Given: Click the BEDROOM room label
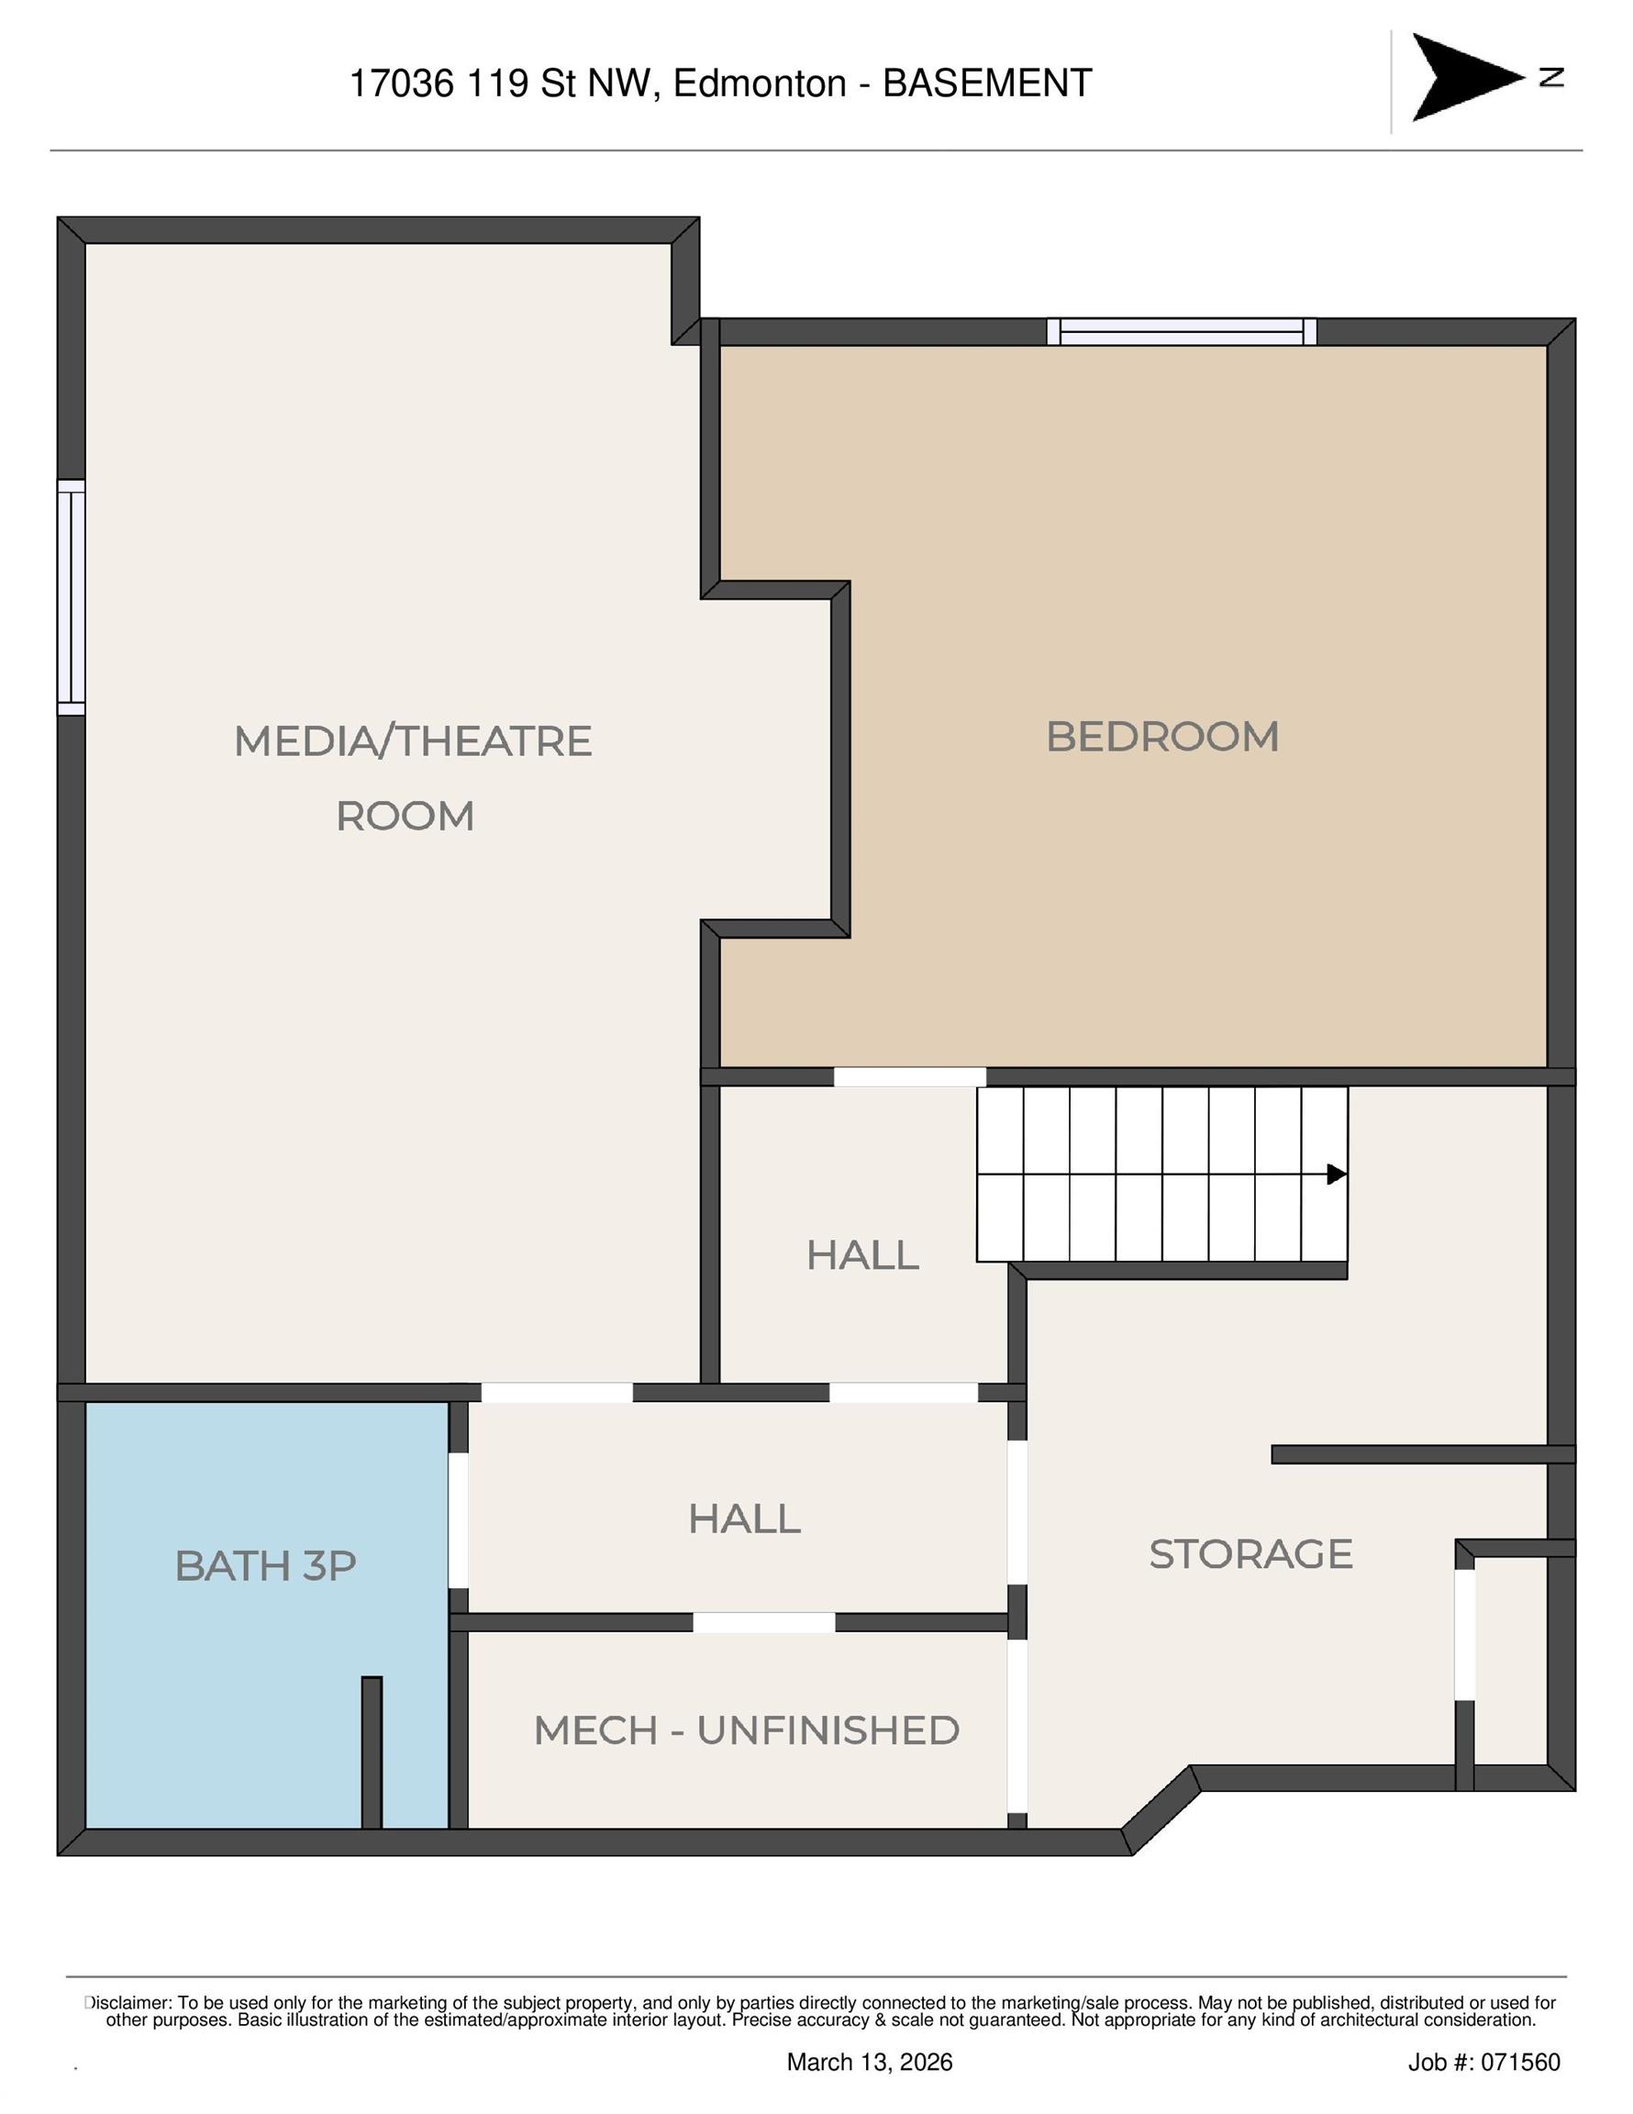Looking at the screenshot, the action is [1161, 737].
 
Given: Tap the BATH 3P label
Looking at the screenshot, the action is [265, 1565].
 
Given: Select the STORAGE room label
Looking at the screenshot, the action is [1250, 1553].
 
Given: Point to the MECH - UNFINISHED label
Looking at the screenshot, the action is [747, 1730].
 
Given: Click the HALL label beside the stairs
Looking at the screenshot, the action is [862, 1255].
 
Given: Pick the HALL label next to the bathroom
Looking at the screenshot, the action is [744, 1519].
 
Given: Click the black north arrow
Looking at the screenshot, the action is [1468, 77].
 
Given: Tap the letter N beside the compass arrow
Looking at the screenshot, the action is [1551, 77].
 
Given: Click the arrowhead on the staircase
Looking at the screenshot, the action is [1337, 1174].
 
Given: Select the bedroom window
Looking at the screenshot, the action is [1182, 332].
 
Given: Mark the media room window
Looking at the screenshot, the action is [72, 597].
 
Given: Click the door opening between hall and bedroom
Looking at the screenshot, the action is [910, 1076].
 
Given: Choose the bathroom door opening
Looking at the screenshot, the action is [458, 1519].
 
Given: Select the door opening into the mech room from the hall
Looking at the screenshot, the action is [763, 1622].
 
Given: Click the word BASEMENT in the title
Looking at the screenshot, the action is [987, 83].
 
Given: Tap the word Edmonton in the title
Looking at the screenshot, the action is [760, 83].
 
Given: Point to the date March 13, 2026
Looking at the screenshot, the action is [870, 2062].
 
